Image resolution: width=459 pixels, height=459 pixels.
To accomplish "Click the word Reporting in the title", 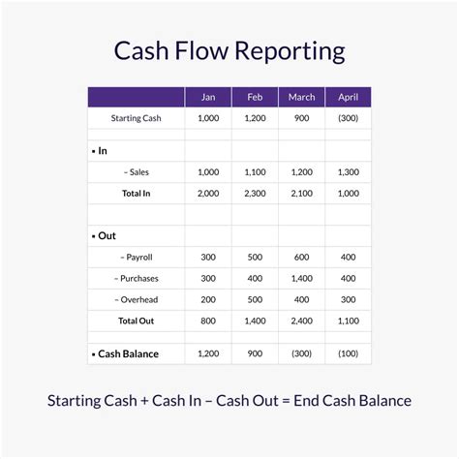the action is tap(290, 51).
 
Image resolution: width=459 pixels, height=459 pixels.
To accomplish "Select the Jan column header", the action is tap(208, 97).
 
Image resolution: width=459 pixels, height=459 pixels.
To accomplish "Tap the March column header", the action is tap(301, 97).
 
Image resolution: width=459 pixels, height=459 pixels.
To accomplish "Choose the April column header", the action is tap(348, 97).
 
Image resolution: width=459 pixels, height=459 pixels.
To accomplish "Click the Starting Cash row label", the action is tap(136, 118).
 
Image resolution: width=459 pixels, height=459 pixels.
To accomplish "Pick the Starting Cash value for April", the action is tap(348, 118).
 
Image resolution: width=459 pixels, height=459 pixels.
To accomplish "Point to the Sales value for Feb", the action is tap(255, 172).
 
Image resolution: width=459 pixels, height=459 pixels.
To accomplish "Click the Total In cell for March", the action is tap(301, 194).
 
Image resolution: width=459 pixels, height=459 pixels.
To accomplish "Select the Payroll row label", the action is tap(136, 258).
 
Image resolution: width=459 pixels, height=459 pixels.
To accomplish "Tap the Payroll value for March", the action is tap(301, 257).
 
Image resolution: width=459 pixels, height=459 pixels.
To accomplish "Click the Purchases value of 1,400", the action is tap(301, 278).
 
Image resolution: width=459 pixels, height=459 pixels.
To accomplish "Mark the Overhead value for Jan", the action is tap(208, 299).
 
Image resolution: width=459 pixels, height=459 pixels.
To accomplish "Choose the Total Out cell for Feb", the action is tap(255, 321).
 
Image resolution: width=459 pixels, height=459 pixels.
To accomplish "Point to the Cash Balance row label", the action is tap(128, 353).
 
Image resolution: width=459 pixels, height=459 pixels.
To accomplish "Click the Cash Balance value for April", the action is tap(348, 353).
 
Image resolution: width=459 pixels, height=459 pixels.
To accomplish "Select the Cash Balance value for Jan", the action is tap(208, 353).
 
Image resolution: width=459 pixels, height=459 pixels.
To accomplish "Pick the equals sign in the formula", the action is tap(286, 401).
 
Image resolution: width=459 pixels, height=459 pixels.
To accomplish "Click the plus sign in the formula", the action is tap(144, 401).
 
